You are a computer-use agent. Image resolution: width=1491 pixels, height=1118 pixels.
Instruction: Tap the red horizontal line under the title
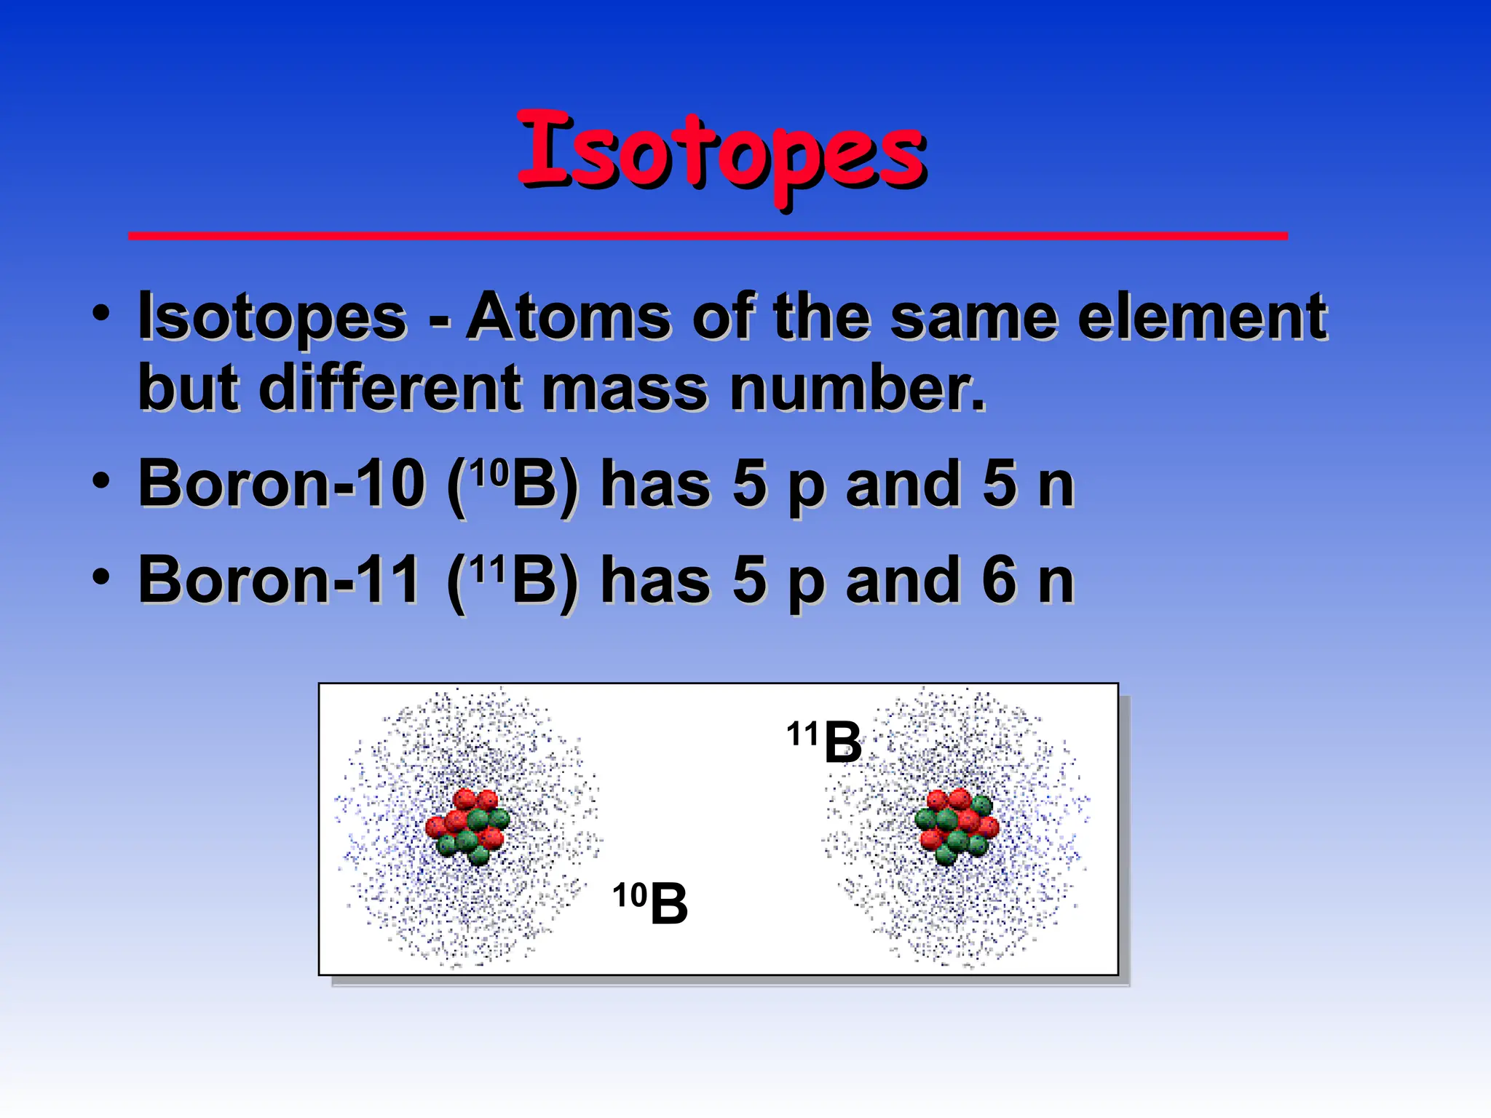click(708, 236)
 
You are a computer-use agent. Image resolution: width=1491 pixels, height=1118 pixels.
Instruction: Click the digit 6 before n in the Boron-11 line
click(999, 580)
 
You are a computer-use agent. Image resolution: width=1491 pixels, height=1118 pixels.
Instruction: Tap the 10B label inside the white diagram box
click(650, 903)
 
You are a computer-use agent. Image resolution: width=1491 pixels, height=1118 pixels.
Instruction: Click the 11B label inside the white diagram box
click(824, 741)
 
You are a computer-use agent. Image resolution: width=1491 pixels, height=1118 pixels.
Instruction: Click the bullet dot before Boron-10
click(101, 481)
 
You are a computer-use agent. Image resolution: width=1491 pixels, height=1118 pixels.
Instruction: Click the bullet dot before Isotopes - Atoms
click(101, 314)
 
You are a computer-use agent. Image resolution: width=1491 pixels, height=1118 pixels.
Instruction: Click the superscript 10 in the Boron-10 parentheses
click(489, 472)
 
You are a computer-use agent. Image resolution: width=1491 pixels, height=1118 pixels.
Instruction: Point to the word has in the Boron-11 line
click(655, 580)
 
